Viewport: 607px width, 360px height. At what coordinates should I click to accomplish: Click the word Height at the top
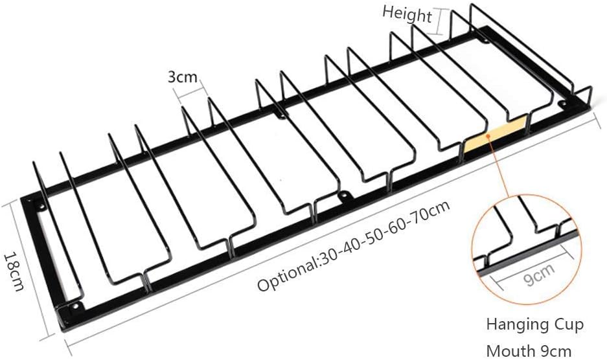[406, 14]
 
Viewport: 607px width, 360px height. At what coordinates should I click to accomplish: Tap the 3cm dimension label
[182, 78]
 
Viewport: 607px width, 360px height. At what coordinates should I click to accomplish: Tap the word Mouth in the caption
[507, 350]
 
